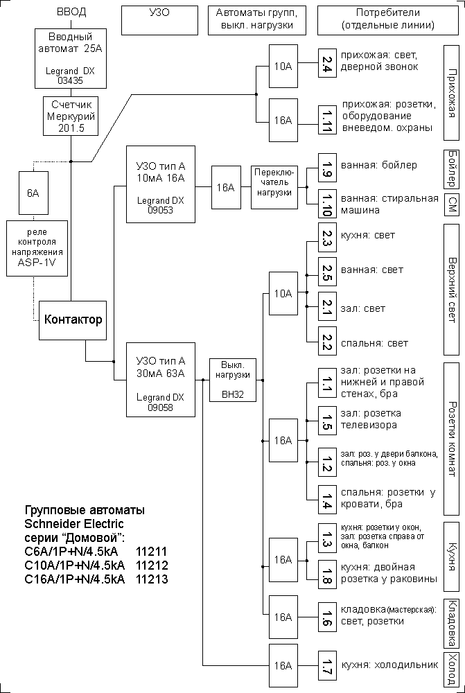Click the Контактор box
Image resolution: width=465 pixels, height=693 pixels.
point(73,319)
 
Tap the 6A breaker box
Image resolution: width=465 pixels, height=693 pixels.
point(33,193)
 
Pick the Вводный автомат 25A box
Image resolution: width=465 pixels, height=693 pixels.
point(70,57)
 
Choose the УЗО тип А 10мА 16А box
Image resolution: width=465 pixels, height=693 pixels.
point(161,184)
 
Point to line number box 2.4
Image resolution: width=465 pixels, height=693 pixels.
point(328,66)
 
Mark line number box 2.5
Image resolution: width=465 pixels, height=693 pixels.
point(328,271)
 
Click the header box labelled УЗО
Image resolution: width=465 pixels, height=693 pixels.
point(159,19)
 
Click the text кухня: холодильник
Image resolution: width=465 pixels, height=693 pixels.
point(389,665)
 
